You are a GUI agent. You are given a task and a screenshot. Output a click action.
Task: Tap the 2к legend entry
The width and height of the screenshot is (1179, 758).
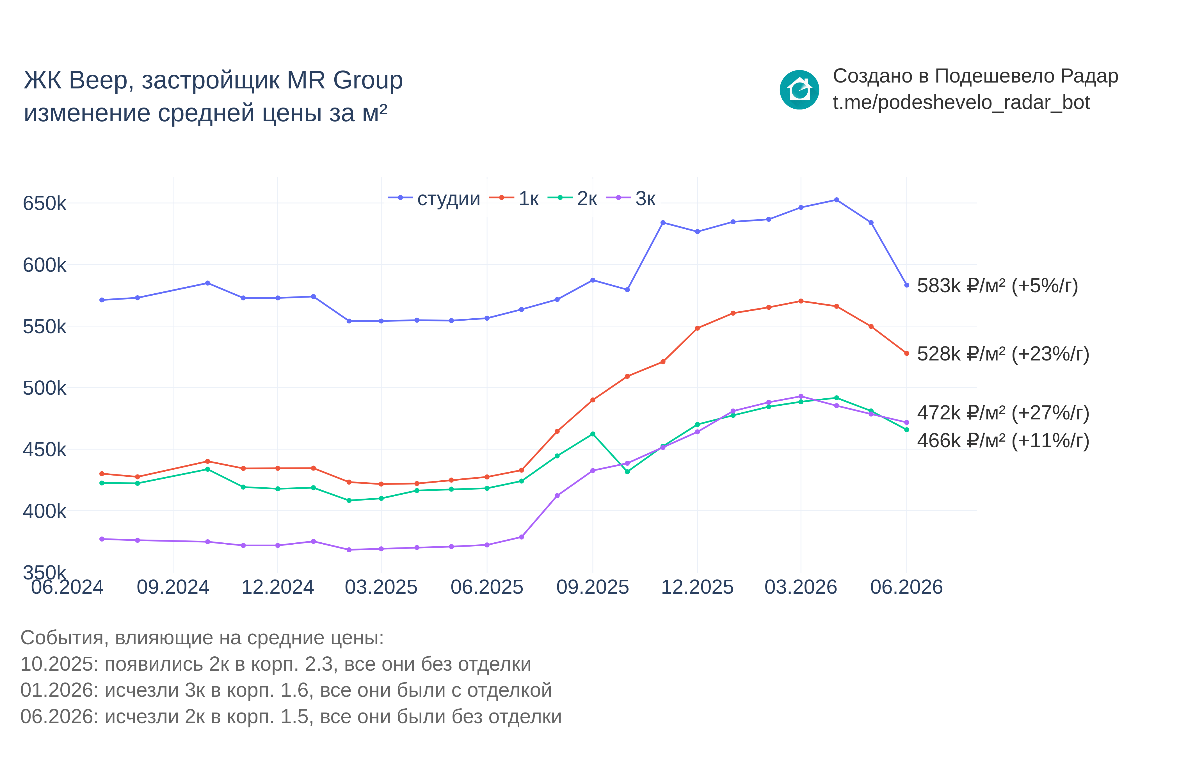tap(572, 198)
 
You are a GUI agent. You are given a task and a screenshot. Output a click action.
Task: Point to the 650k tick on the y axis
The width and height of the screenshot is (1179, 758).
tap(44, 203)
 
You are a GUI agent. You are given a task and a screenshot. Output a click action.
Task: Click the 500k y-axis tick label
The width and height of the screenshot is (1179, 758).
tap(44, 388)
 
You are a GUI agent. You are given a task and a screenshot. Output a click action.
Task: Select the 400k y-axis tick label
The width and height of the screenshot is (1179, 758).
tap(44, 511)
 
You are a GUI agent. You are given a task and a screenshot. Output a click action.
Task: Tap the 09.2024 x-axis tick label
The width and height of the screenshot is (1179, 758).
tap(173, 587)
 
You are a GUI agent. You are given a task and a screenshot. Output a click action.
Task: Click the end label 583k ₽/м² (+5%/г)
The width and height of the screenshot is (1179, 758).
tap(997, 286)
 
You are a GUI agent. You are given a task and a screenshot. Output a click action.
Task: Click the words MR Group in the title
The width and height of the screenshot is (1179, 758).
tap(344, 80)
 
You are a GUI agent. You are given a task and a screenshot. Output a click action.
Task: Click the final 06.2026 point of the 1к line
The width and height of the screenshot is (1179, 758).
tap(906, 353)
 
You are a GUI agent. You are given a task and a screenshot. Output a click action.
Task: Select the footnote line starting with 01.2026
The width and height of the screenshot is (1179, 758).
tap(286, 690)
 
